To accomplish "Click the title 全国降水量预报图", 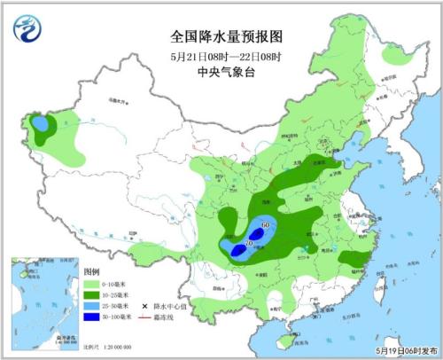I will point(225,36).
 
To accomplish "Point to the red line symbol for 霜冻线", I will point(144,317).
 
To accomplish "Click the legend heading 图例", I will point(91,270).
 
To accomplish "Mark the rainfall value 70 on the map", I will point(250,244).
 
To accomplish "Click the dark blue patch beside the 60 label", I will point(259,233).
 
